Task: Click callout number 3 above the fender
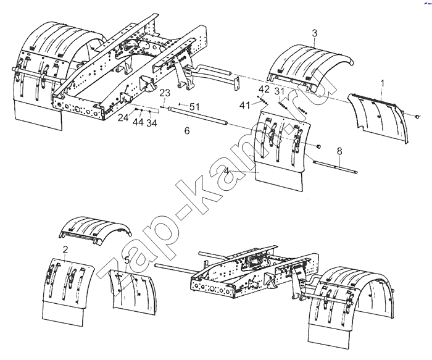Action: (x=315, y=33)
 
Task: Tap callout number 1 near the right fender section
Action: (x=382, y=83)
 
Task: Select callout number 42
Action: (x=264, y=90)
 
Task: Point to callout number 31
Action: (x=279, y=91)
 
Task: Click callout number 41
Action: (x=244, y=105)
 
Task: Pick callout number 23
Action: (x=165, y=93)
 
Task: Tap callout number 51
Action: (x=194, y=106)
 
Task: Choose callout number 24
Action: (x=123, y=118)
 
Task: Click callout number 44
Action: (x=138, y=122)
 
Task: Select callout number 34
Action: (x=152, y=123)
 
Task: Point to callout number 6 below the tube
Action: (x=187, y=130)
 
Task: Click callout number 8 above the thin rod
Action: (x=339, y=151)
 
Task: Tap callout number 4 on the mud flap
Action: (x=226, y=171)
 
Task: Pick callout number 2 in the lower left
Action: (x=65, y=249)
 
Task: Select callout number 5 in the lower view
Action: (x=127, y=260)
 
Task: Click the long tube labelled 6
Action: (x=198, y=115)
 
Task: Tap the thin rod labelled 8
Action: (x=335, y=167)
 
